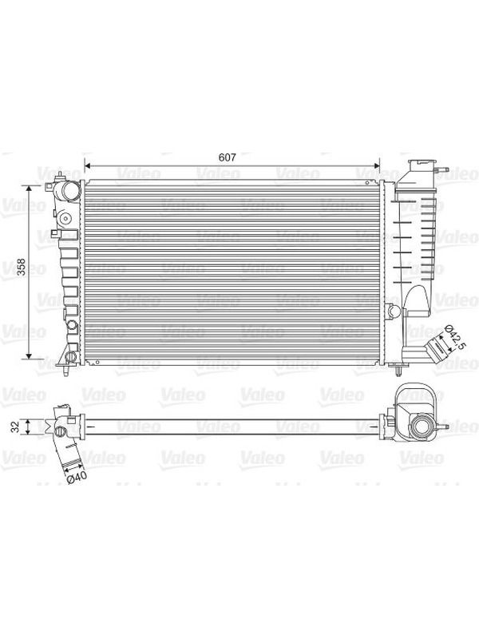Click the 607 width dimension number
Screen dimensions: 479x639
(x=227, y=157)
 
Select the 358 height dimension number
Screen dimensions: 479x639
(x=21, y=267)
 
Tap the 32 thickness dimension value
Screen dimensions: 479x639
(x=15, y=427)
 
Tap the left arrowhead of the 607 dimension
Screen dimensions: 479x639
(x=86, y=166)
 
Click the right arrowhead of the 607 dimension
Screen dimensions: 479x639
(x=376, y=166)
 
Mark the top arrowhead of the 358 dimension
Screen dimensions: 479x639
(x=29, y=189)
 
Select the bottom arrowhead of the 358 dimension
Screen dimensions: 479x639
(x=29, y=356)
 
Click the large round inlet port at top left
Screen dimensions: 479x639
(x=70, y=191)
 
